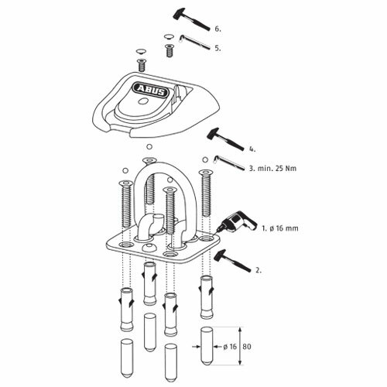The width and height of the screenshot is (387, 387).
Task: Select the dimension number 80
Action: tap(248, 348)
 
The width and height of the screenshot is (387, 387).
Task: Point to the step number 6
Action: tap(217, 29)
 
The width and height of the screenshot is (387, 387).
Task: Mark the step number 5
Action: tap(217, 46)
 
